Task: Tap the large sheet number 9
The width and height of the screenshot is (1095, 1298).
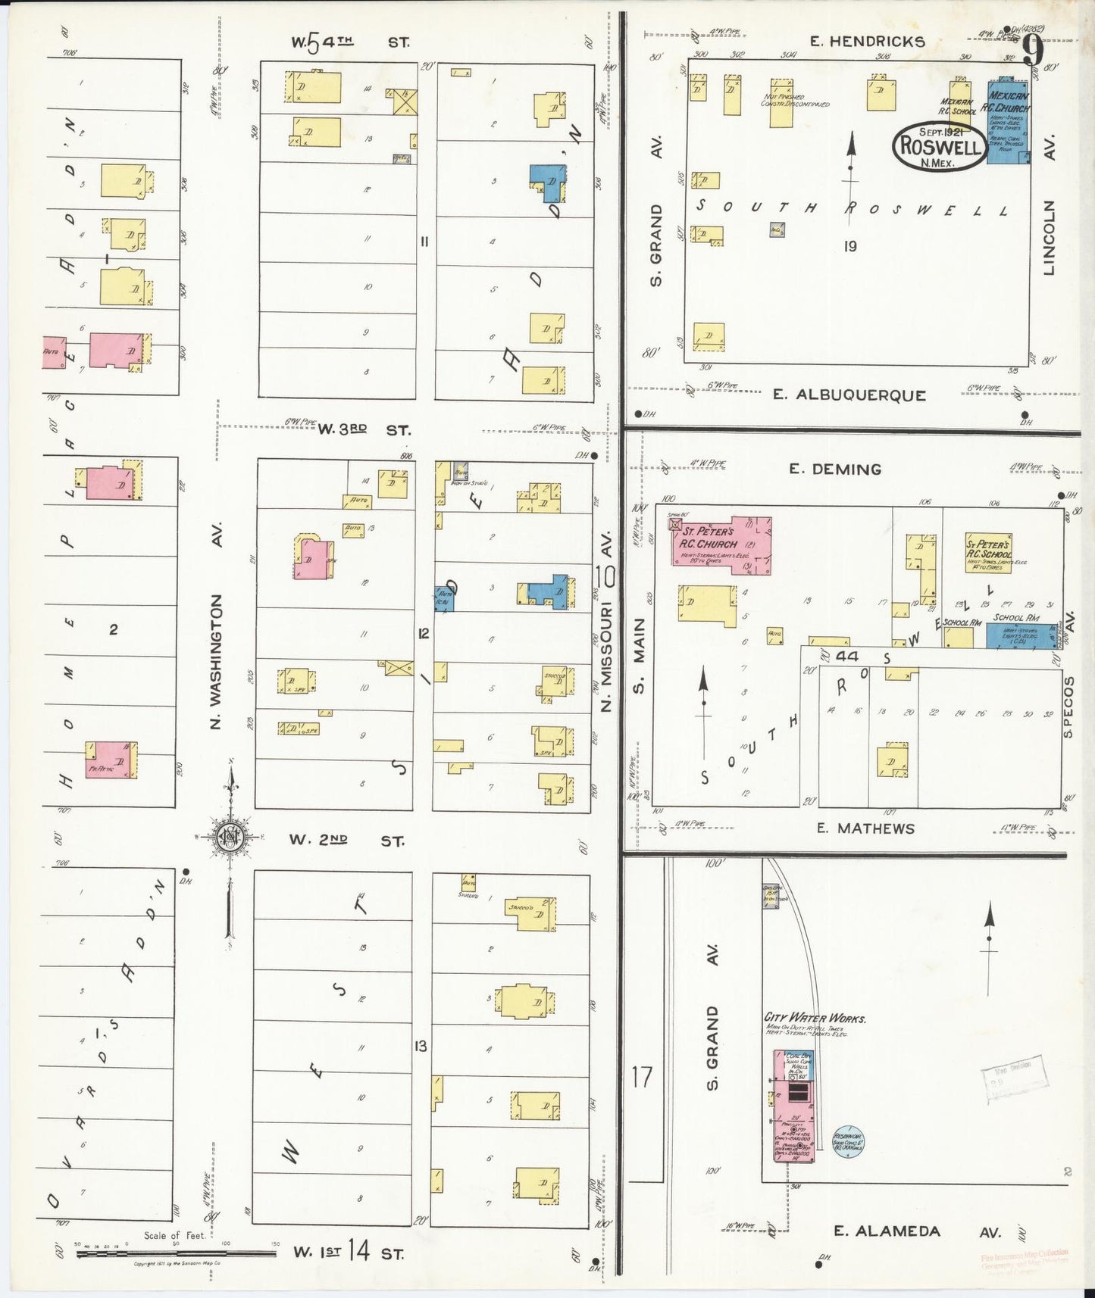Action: coord(1032,52)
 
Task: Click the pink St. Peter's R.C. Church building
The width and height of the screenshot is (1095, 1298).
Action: coord(721,541)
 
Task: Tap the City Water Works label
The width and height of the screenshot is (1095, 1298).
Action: coord(804,1018)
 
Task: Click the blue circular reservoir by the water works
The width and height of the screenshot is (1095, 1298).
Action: coord(848,1141)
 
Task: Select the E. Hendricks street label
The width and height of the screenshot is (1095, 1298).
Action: coord(867,42)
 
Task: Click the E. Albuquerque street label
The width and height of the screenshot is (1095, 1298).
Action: coord(849,395)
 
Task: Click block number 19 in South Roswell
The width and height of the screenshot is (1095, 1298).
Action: coord(850,246)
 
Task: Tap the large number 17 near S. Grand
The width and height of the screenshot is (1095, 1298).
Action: coord(642,1076)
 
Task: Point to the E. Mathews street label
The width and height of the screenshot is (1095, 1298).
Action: coord(875,828)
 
